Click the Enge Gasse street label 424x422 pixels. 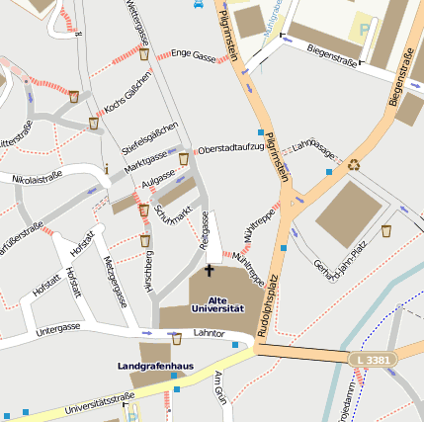[x=193, y=56]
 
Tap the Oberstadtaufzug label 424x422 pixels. [x=231, y=148]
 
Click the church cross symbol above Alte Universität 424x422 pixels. [x=209, y=270]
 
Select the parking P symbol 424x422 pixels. [x=365, y=29]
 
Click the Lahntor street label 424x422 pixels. [x=210, y=335]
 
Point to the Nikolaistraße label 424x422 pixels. [x=37, y=178]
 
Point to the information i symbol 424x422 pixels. [x=105, y=168]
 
